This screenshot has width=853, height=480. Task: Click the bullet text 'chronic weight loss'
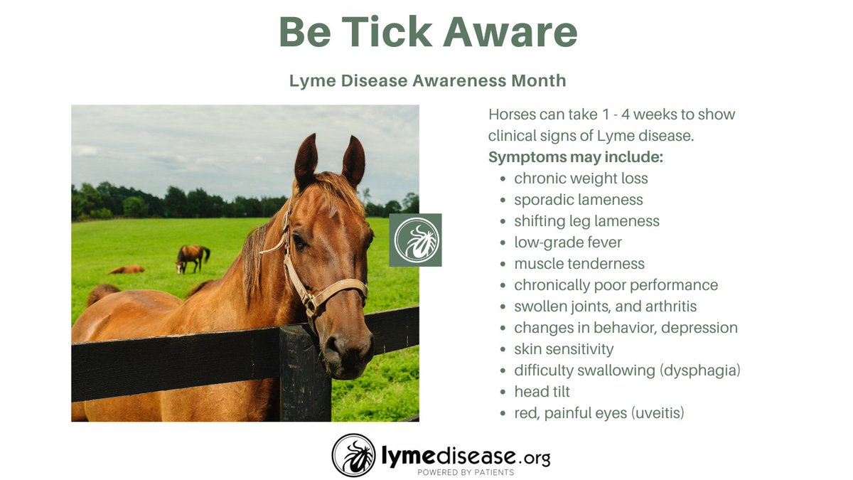[581, 178]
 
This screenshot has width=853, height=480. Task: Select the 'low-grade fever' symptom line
[568, 242]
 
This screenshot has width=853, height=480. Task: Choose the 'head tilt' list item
[542, 392]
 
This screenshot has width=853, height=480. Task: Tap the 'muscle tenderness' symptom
[579, 264]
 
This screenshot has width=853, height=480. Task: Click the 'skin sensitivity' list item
[564, 349]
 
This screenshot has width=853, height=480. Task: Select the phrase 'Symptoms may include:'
[576, 157]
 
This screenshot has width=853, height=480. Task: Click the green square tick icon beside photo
[416, 240]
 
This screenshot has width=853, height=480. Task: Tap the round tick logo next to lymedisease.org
[353, 455]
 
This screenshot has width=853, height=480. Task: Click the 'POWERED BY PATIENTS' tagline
[465, 472]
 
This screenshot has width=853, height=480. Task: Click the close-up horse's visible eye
[300, 242]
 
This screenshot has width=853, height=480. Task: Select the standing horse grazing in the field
[193, 257]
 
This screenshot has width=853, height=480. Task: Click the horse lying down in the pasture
[127, 270]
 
